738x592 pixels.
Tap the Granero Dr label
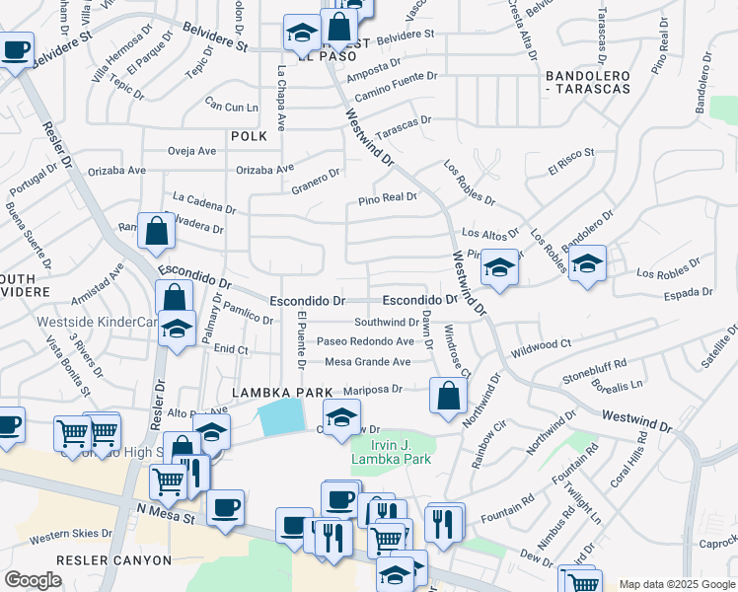(x=315, y=179)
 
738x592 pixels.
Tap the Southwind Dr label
(x=387, y=322)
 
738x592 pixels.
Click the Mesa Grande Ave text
(x=367, y=362)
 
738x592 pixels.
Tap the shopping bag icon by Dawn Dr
(x=448, y=396)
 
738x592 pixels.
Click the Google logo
(x=33, y=580)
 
